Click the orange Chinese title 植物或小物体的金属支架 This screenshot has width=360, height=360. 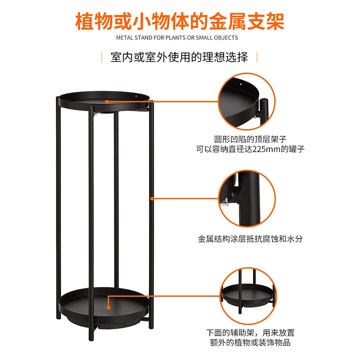click(180, 21)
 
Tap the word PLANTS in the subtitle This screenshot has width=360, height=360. click(175, 38)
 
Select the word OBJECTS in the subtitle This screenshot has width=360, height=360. click(226, 38)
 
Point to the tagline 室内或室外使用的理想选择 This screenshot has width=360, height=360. click(179, 57)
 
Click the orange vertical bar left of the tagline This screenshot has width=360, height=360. click(102, 57)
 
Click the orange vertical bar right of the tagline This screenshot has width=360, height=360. click(257, 57)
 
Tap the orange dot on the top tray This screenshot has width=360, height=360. click(107, 102)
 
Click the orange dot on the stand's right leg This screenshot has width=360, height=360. click(152, 198)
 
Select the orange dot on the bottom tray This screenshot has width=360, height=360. click(108, 307)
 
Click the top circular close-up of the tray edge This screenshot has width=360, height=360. click(247, 102)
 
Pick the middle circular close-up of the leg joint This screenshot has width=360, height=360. click(247, 198)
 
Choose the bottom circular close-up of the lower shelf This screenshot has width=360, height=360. click(248, 296)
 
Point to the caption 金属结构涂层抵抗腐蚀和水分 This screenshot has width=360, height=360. click(250, 239)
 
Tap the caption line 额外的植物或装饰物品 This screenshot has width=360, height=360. click(250, 342)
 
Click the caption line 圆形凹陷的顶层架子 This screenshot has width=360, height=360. click(250, 139)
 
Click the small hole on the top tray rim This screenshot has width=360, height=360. click(136, 96)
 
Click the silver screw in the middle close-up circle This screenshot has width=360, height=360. click(224, 203)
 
